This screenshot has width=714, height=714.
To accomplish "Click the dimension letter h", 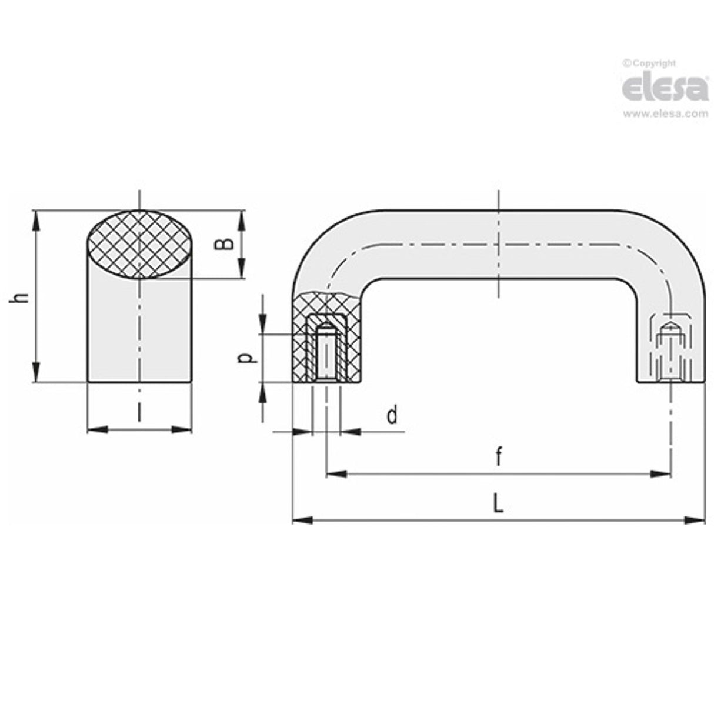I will coord(21,298).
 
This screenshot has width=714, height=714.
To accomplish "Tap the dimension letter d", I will coord(392,416).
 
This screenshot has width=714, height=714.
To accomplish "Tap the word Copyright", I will coord(653,63).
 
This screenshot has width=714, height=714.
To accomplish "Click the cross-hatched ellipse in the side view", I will coord(139,244).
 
